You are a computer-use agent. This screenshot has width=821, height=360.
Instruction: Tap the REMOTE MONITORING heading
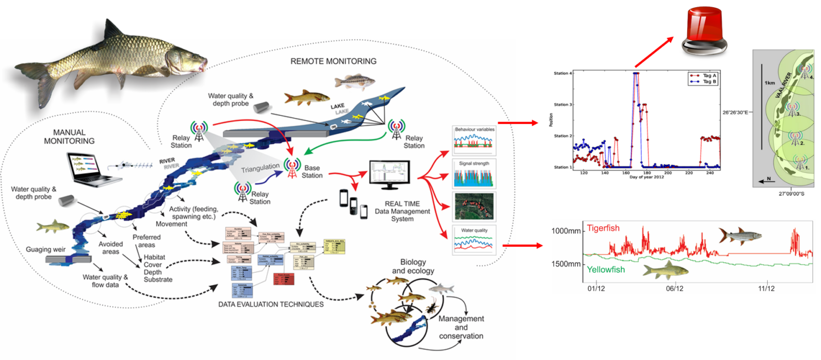click(x=333, y=61)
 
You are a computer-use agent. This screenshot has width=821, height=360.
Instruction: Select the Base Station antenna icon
click(x=292, y=168)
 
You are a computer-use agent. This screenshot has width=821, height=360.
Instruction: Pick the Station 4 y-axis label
click(x=562, y=73)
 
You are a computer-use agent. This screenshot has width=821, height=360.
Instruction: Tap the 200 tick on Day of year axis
click(x=668, y=173)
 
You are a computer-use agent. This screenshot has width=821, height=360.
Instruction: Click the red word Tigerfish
click(x=603, y=228)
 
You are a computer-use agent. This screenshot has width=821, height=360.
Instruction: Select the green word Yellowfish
click(x=605, y=270)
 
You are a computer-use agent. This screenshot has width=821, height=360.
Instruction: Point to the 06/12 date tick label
click(x=674, y=289)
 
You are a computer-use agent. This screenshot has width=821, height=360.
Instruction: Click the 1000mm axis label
click(x=566, y=231)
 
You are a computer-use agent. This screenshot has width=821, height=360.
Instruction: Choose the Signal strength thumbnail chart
click(x=474, y=174)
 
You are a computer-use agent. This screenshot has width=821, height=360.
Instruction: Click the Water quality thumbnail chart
click(x=474, y=240)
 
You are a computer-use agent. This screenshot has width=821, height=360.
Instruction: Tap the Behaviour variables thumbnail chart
click(x=474, y=141)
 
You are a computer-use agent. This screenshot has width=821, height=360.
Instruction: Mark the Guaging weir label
click(x=46, y=250)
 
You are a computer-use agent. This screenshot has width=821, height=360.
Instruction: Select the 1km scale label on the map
click(x=770, y=83)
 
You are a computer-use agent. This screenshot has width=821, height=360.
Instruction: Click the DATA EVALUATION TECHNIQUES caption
click(x=271, y=304)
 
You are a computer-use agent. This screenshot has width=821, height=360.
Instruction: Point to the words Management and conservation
click(x=461, y=327)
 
